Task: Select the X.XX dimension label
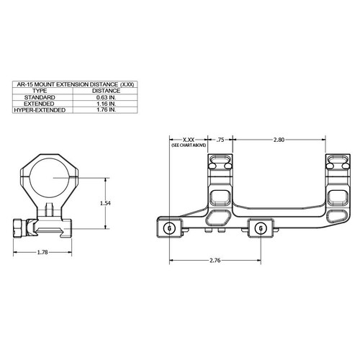tap(188, 139)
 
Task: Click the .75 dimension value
tap(221, 139)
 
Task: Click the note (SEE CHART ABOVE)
tap(188, 145)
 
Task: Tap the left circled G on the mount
tap(169, 228)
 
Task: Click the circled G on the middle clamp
tap(260, 229)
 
